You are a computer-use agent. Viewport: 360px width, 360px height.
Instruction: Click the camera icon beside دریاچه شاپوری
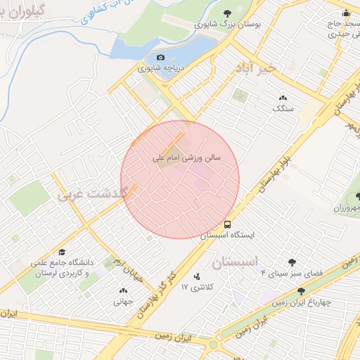pos(160,57)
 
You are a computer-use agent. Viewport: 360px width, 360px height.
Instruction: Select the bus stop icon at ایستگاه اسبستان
pos(226,224)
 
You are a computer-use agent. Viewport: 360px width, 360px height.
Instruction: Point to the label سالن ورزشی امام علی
pos(186,159)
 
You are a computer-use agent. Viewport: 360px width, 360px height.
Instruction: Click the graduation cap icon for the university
pos(62,252)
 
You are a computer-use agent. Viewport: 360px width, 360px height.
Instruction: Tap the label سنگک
pos(283,109)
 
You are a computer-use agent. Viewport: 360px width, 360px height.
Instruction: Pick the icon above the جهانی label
pos(124,290)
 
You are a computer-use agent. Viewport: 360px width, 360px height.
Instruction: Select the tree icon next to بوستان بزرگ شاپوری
pos(227,13)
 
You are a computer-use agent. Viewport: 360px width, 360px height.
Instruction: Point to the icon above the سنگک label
pos(283,98)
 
